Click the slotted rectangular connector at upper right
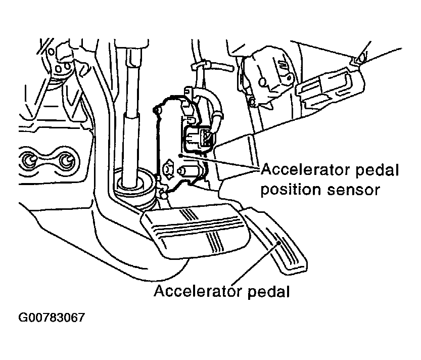[x=329, y=83]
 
